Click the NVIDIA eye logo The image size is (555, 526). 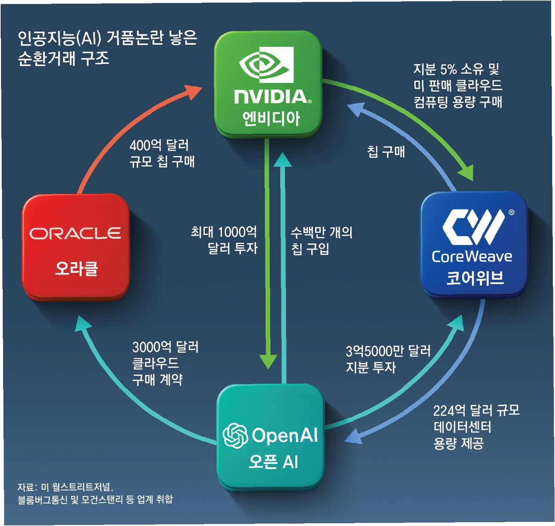[267, 65]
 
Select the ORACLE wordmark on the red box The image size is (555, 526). [75, 233]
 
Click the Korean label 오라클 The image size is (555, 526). [77, 269]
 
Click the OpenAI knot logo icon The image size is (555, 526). [235, 435]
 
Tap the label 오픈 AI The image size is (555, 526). [273, 462]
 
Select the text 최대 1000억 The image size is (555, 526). [224, 232]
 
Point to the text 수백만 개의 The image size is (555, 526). [322, 233]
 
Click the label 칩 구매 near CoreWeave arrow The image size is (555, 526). [386, 152]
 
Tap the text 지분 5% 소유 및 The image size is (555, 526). [456, 69]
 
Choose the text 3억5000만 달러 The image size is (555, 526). [388, 351]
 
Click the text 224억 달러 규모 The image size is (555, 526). [476, 410]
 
